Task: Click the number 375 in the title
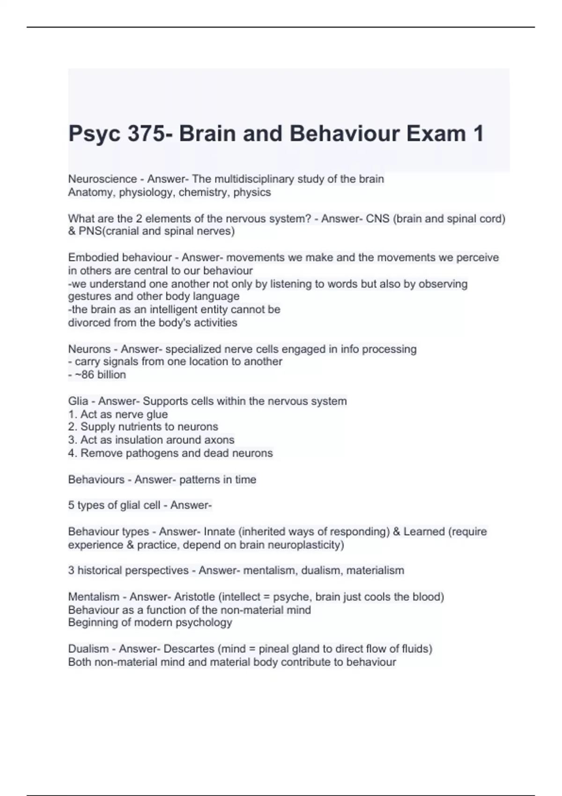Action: (145, 134)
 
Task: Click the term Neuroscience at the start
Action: (103, 179)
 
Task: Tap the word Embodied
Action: (93, 258)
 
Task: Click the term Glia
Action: (78, 401)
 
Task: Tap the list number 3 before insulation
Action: (72, 440)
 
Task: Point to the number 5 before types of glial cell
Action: (71, 505)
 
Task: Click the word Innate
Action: (219, 532)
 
